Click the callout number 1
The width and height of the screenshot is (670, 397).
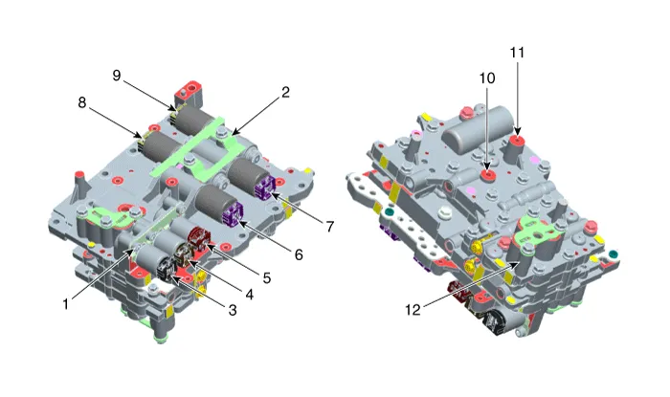[66, 304]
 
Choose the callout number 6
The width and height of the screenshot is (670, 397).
[299, 255]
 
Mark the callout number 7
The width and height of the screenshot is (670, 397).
[329, 227]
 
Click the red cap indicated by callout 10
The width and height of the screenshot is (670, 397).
[488, 175]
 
